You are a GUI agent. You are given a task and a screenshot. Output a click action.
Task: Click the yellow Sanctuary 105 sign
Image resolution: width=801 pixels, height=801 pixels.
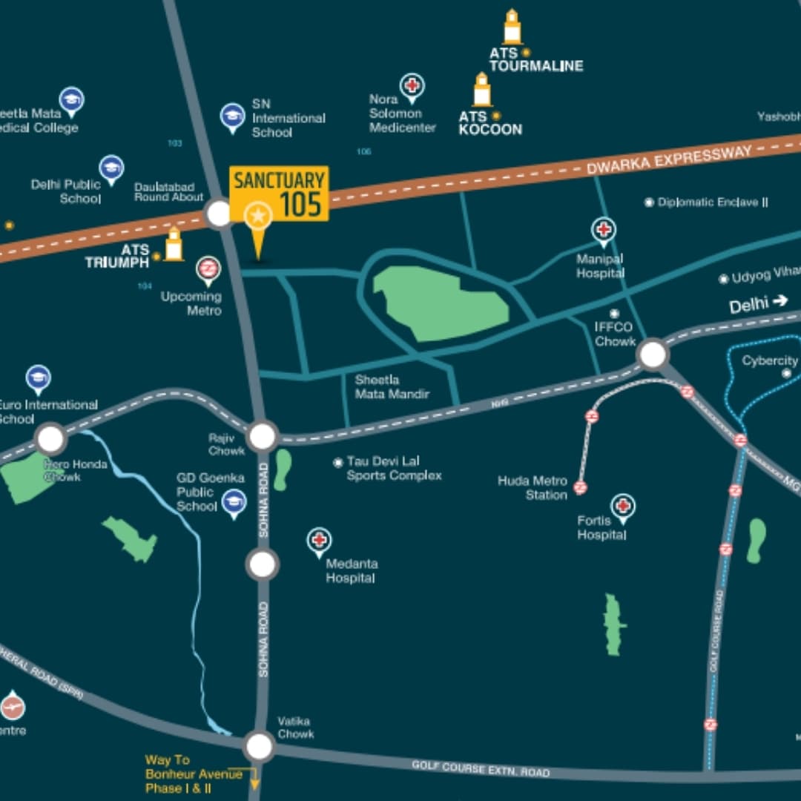pyautogui.click(x=278, y=194)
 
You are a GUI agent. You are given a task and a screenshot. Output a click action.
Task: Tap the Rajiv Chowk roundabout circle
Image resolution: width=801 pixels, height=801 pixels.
pyautogui.click(x=263, y=437)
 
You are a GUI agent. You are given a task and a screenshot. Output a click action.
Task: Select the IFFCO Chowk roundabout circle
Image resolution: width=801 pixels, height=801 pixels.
pyautogui.click(x=653, y=354)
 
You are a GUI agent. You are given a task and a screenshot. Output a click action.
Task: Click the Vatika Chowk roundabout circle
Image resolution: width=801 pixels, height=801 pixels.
pyautogui.click(x=260, y=746)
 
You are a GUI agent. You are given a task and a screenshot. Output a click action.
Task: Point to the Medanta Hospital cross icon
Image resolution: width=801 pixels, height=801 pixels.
pyautogui.click(x=320, y=540)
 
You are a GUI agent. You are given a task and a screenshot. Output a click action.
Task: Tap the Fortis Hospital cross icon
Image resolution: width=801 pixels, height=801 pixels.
pyautogui.click(x=623, y=507)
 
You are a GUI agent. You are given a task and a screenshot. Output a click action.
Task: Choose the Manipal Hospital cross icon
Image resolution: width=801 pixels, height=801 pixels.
pyautogui.click(x=604, y=229)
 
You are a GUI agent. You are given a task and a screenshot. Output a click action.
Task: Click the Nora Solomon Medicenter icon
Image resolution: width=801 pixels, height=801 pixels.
pyautogui.click(x=412, y=85)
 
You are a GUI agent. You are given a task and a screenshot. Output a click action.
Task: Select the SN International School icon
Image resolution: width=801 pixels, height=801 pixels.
pyautogui.click(x=233, y=116)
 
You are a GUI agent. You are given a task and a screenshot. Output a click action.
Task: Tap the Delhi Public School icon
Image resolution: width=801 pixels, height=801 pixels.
pyautogui.click(x=111, y=168)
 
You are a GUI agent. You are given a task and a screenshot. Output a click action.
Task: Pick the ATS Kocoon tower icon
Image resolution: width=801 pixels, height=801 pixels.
pyautogui.click(x=482, y=90)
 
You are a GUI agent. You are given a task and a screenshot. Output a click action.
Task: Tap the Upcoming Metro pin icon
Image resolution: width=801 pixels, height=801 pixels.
pyautogui.click(x=208, y=269)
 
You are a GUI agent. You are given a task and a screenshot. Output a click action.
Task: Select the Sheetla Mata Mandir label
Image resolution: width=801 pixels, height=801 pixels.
pyautogui.click(x=392, y=386)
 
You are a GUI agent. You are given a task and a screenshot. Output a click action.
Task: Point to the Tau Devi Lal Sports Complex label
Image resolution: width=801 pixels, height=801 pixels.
pyautogui.click(x=394, y=468)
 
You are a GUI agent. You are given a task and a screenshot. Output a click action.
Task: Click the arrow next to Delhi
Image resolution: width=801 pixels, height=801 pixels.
pyautogui.click(x=779, y=301)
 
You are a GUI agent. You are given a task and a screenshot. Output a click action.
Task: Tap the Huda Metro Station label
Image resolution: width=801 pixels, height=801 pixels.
pyautogui.click(x=533, y=487)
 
